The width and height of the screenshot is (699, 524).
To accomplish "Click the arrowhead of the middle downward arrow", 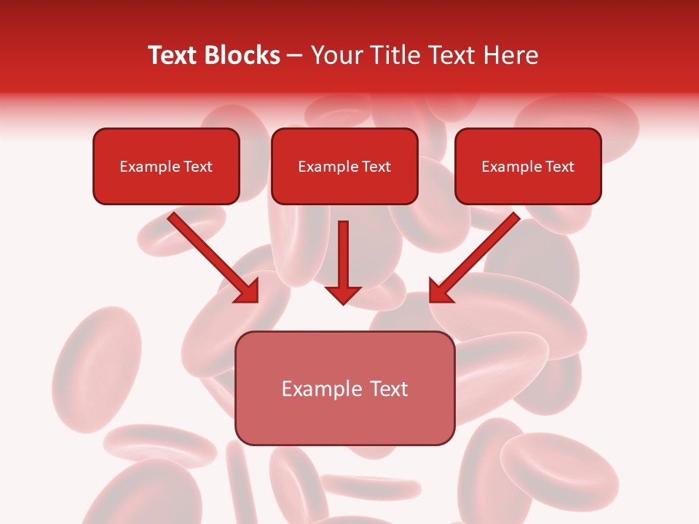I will (x=343, y=295).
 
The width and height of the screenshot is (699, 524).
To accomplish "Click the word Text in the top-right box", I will (x=559, y=167).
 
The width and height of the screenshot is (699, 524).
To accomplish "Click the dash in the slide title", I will (x=296, y=56).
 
